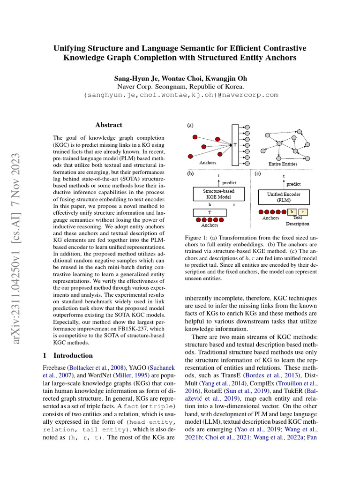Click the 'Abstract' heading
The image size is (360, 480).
coord(109,125)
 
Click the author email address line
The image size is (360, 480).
coord(180,95)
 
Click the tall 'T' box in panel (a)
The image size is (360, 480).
coord(235,145)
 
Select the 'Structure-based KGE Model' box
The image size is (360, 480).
coord(218,195)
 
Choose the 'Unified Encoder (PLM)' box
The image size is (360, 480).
coord(284,196)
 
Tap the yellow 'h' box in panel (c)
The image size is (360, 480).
coord(292,212)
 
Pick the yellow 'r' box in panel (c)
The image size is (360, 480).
coord(303,212)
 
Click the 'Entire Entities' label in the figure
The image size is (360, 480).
coord(283,164)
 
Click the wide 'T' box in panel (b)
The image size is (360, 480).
coord(210,213)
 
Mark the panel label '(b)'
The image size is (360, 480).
coord(190,173)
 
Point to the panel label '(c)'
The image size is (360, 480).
coord(257,173)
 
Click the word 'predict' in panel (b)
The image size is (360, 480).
coord(229,183)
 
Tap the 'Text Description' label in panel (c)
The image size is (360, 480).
coord(298,221)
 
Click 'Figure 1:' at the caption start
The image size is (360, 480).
coord(198,238)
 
